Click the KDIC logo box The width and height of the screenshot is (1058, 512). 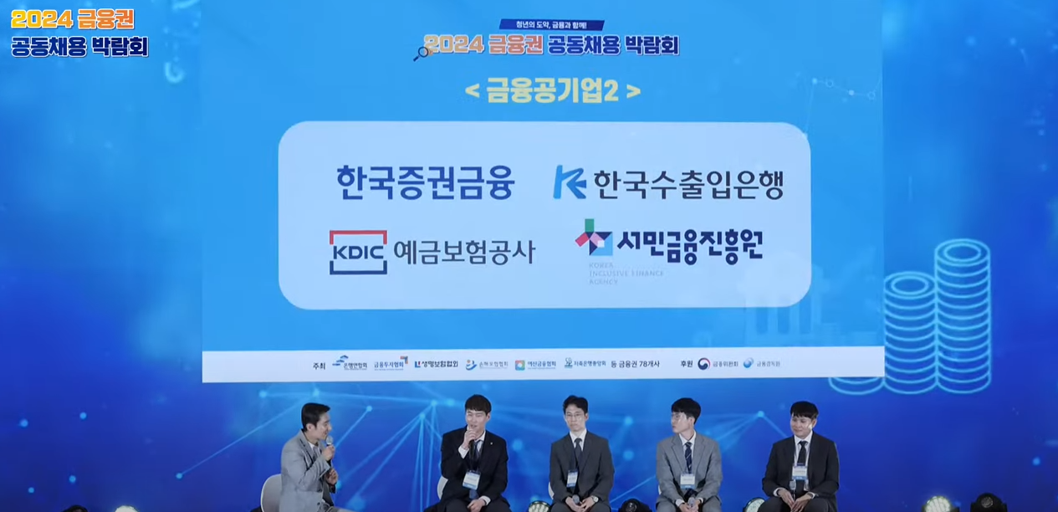(358, 252)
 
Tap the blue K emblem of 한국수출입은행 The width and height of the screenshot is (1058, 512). (569, 182)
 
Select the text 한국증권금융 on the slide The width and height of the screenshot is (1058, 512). (425, 182)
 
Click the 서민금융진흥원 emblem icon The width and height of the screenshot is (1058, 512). (593, 238)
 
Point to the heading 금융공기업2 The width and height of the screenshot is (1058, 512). (552, 90)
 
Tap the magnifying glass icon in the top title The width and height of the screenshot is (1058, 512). (421, 53)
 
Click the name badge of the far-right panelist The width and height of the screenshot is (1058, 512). (800, 474)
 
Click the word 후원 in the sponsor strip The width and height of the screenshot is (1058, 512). (687, 364)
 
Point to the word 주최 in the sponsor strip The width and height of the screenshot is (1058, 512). (318, 365)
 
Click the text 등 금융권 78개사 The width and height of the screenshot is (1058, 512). (635, 364)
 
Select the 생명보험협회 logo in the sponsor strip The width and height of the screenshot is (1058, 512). (437, 364)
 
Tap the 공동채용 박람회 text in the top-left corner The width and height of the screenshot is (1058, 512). (79, 46)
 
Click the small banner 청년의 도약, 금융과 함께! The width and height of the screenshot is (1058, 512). (551, 24)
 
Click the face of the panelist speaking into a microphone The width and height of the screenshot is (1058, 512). (476, 415)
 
